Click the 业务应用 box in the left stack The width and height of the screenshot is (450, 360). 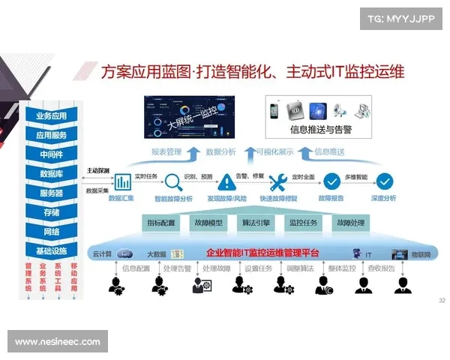coord(51,116)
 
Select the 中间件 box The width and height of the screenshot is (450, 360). coord(51,154)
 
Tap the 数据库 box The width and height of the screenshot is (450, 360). coord(51,174)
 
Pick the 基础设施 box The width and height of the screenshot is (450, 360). coord(51,250)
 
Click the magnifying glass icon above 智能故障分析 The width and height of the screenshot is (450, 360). coord(173,182)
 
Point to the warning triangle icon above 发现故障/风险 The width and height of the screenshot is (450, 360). coord(226,182)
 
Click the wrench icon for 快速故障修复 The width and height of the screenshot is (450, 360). coord(277,182)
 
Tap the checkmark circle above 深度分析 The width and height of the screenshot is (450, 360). coord(385,182)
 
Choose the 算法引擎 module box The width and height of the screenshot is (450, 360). coord(256,223)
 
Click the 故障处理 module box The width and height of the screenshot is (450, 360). coord(349,223)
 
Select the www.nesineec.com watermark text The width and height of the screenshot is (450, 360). coord(57,342)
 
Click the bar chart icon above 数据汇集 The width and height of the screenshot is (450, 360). coord(122,182)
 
